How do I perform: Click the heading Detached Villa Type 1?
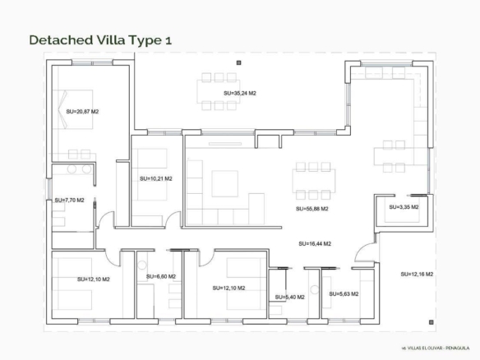click(100, 40)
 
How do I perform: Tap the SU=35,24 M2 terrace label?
click(240, 93)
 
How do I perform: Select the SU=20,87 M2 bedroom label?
click(82, 112)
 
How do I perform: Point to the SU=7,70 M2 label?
click(69, 201)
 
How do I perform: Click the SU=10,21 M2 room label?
click(156, 178)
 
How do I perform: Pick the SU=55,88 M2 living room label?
click(312, 209)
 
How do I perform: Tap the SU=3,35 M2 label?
click(404, 207)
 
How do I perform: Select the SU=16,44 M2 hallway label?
click(315, 243)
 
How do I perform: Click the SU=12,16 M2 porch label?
click(417, 274)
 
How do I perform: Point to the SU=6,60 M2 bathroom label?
click(161, 276)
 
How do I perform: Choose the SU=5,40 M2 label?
click(289, 297)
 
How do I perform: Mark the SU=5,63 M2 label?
click(344, 294)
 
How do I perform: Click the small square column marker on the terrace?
click(239, 62)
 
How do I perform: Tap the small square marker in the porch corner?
click(432, 322)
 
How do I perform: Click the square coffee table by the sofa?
click(224, 183)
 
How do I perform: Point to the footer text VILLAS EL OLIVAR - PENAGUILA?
click(437, 348)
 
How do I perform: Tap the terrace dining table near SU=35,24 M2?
click(219, 91)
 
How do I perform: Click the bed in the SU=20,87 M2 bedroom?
click(73, 109)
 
